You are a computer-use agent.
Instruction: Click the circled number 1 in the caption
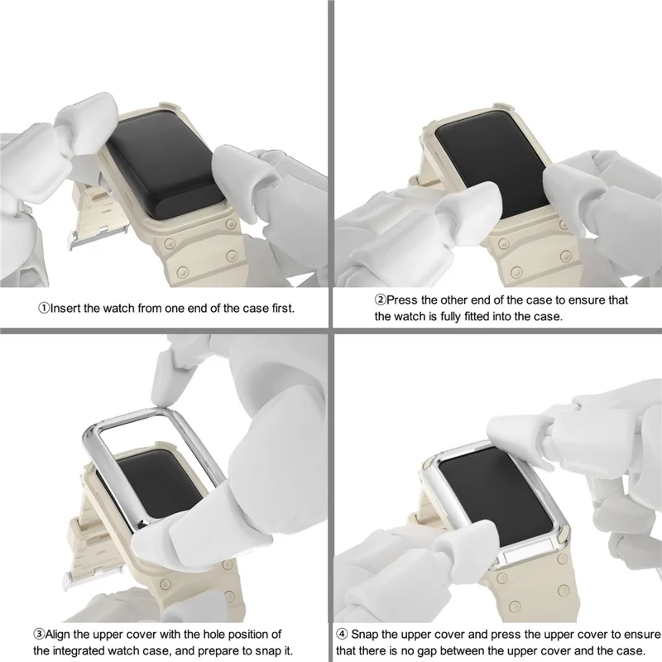(x=44, y=308)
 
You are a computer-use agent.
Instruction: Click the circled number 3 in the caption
(x=39, y=635)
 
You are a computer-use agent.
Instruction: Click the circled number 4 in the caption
(x=342, y=635)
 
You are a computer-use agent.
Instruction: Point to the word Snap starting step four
(x=368, y=635)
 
